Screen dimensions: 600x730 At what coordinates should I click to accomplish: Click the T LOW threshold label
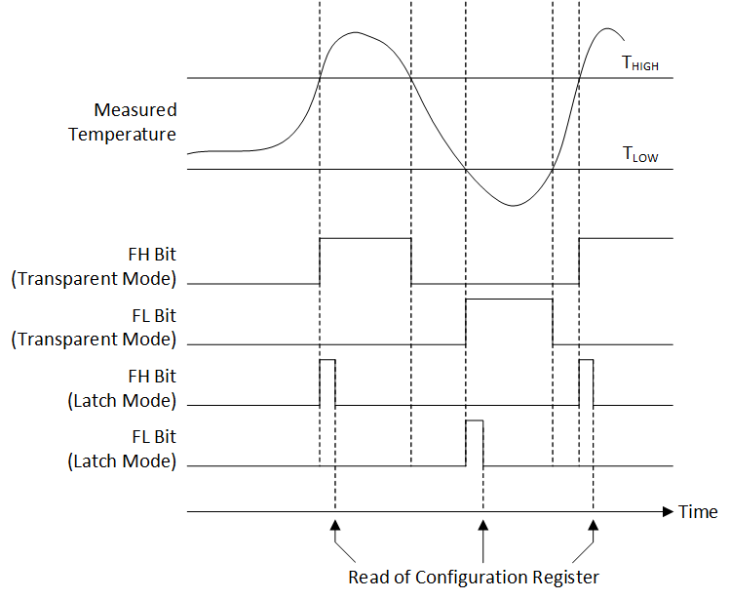(x=639, y=154)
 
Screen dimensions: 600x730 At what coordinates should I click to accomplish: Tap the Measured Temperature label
(x=123, y=122)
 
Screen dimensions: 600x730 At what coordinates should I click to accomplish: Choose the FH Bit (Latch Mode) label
(x=123, y=388)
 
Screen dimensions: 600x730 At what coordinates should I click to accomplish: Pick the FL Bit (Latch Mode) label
(x=123, y=449)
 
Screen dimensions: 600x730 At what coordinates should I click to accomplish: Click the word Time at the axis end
(x=698, y=512)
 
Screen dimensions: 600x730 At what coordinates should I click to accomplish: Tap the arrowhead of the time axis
(x=668, y=511)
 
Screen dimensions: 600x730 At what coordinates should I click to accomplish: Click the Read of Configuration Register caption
(x=474, y=577)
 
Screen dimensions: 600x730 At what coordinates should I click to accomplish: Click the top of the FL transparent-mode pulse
(x=509, y=300)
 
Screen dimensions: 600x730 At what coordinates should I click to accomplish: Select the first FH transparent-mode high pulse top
(x=365, y=237)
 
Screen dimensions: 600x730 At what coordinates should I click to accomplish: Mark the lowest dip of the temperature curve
(x=514, y=206)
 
